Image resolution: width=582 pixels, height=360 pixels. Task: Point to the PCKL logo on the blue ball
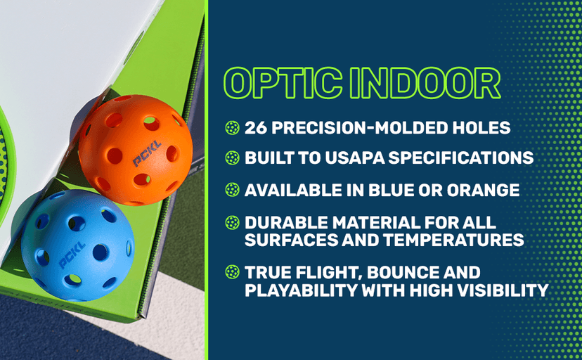pyautogui.click(x=72, y=255)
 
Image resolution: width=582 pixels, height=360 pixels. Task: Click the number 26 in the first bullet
pyautogui.click(x=256, y=127)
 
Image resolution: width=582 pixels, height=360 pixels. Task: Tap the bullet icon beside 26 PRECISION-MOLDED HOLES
pyautogui.click(x=231, y=127)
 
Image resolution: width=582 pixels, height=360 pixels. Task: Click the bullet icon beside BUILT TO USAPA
pyautogui.click(x=231, y=158)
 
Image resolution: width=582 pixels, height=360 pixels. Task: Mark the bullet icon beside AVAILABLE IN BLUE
pyautogui.click(x=231, y=190)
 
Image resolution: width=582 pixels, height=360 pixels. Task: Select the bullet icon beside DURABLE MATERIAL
pyautogui.click(x=231, y=223)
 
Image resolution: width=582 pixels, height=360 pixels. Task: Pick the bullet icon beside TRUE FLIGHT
pyautogui.click(x=231, y=273)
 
